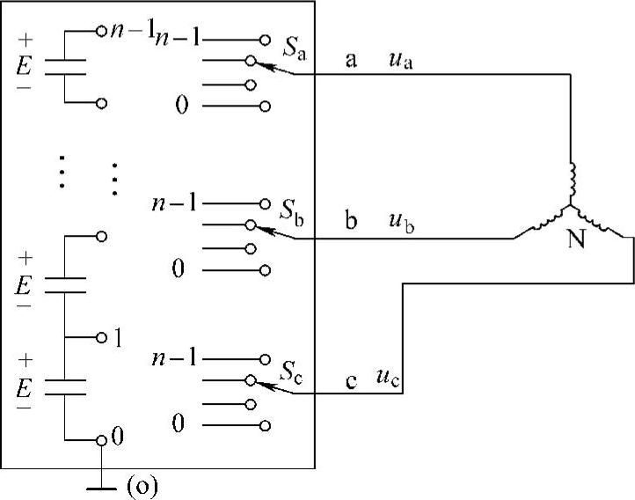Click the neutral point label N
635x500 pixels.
[576, 239]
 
